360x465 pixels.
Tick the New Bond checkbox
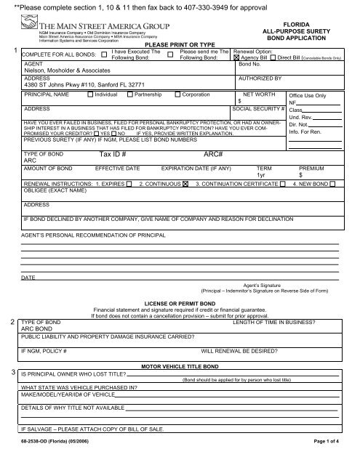[332, 184]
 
